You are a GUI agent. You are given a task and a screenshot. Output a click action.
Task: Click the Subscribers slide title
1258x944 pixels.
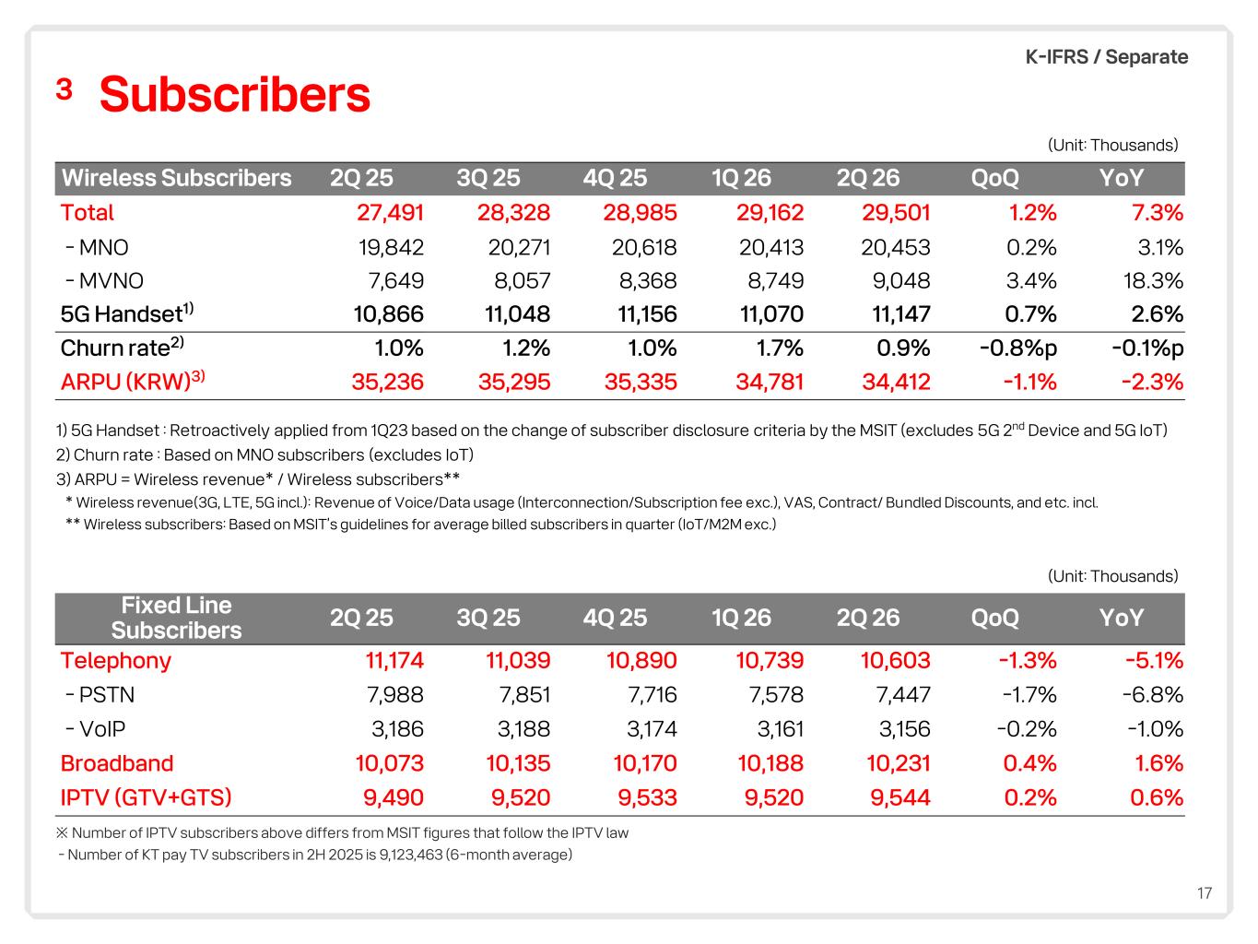[234, 94]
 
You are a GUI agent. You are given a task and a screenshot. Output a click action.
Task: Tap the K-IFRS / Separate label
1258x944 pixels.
[1106, 57]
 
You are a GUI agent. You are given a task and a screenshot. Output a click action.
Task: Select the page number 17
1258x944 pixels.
[1205, 893]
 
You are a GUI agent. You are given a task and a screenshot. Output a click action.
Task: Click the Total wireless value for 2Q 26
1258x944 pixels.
[896, 213]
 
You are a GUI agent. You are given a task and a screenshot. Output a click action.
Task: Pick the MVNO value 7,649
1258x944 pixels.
[396, 281]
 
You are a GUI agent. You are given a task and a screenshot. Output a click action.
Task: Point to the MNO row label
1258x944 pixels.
[97, 248]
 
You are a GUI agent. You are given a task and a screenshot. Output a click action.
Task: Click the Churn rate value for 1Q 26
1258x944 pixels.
[780, 348]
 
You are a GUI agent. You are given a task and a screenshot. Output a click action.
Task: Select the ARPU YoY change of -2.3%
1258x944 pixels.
[1152, 382]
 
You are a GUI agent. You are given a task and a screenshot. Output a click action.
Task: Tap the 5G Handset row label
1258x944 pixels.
[127, 313]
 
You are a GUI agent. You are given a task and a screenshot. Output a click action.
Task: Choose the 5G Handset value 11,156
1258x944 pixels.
[647, 314]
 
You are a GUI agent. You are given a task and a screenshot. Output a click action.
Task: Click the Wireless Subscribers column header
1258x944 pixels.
[177, 178]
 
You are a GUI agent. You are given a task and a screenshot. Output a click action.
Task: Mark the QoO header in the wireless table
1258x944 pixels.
[995, 178]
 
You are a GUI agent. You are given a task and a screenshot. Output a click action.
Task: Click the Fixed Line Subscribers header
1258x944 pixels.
[177, 618]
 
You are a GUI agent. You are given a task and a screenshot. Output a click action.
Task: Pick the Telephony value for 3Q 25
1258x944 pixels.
[518, 660]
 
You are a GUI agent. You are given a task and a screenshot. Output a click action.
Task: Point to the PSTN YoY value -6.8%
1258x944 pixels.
[1153, 695]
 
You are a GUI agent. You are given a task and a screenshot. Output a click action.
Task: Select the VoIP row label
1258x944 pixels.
[95, 729]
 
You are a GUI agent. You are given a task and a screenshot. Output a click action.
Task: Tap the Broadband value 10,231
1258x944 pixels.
[898, 763]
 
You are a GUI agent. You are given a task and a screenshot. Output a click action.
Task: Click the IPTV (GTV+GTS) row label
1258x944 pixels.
[147, 797]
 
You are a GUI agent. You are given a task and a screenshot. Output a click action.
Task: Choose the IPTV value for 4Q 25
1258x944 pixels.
[648, 797]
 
